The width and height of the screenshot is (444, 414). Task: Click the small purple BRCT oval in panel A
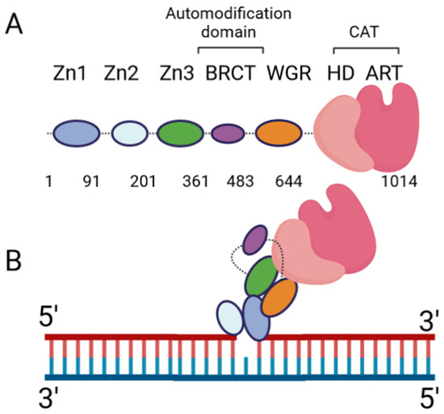228,133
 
